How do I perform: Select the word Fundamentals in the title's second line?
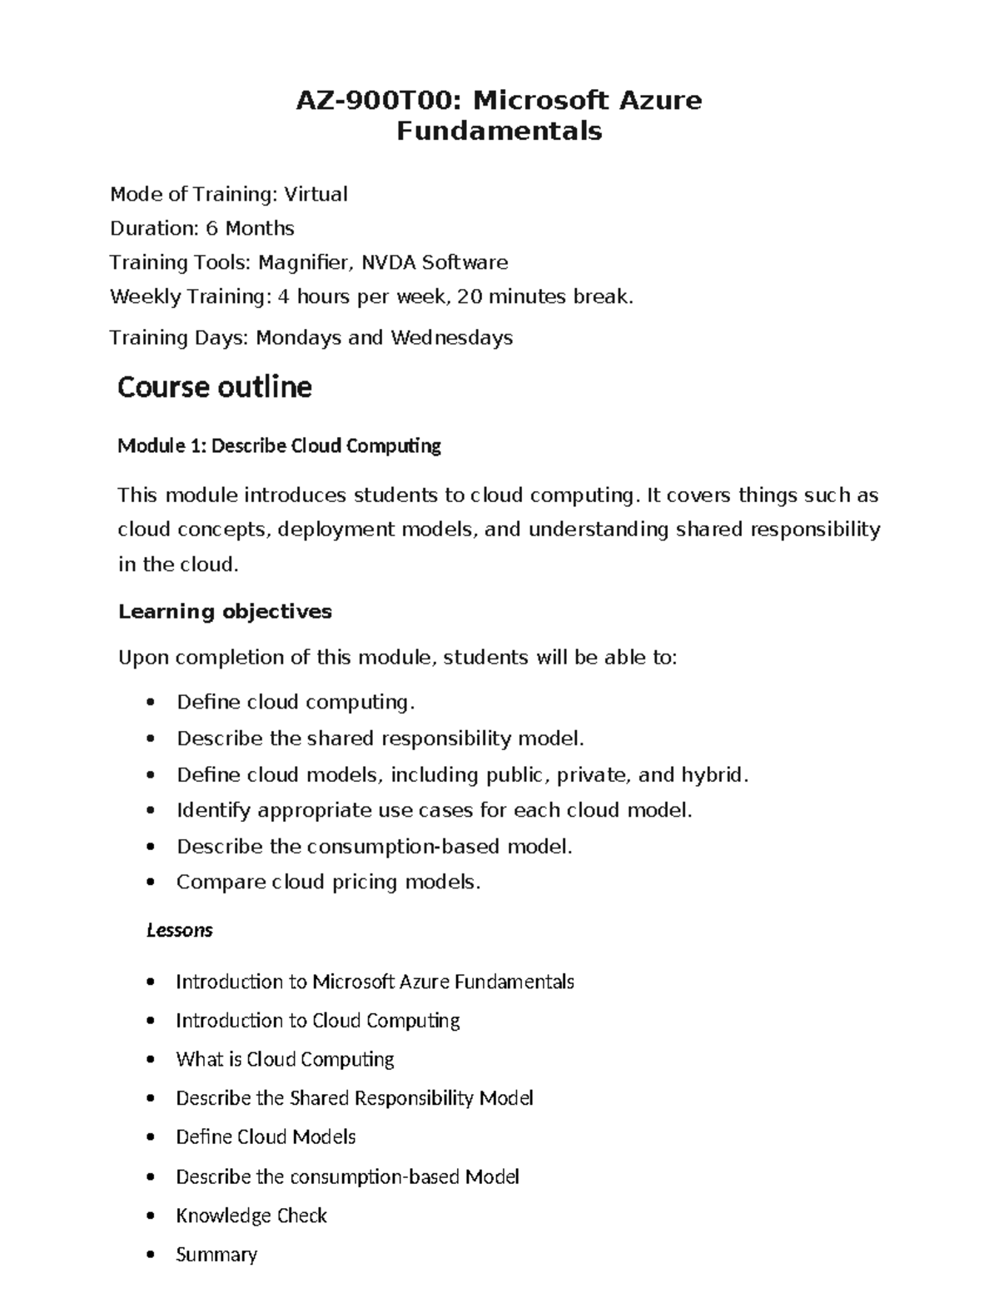point(499,132)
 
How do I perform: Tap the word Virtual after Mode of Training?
point(316,195)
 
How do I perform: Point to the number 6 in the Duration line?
point(211,228)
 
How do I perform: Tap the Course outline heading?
point(215,387)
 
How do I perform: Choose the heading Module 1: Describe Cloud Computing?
point(279,446)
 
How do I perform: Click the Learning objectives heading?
point(225,612)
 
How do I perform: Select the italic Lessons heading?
point(179,930)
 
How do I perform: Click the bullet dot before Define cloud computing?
point(150,703)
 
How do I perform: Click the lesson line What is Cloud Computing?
point(285,1059)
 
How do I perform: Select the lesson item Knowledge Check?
point(251,1216)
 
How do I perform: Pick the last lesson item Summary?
point(216,1254)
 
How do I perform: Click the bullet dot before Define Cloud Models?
point(150,1137)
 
